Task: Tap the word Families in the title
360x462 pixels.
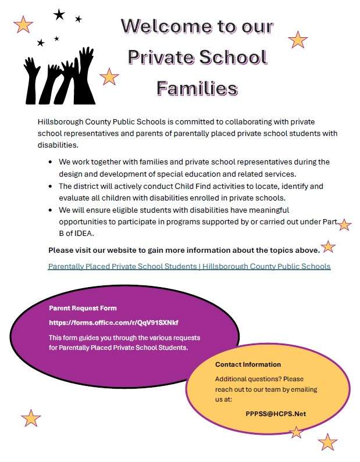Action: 197,88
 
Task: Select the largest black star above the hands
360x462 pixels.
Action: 59,15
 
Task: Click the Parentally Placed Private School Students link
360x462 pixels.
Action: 189,267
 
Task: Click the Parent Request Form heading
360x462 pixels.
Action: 83,308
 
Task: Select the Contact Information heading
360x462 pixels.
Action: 248,364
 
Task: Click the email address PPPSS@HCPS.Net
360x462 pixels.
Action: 276,414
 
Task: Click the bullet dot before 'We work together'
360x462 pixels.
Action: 51,162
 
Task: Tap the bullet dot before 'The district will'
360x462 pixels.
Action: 51,187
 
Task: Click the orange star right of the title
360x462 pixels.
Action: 298,40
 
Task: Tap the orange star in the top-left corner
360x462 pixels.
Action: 23,24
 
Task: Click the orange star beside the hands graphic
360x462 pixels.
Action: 109,76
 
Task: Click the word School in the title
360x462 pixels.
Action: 232,58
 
